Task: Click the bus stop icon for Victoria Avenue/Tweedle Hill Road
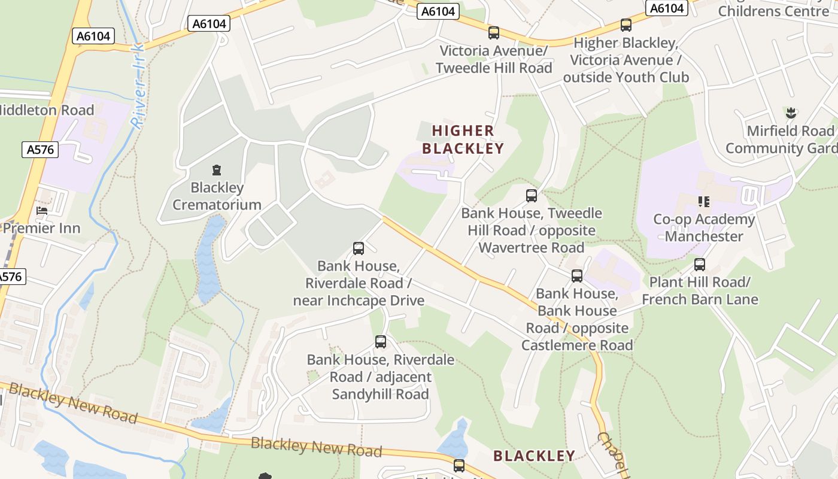pos(494,33)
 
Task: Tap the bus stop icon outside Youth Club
pos(626,25)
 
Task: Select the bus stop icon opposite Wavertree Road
pos(532,195)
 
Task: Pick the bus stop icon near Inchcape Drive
pos(359,248)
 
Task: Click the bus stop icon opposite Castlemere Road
pos(577,275)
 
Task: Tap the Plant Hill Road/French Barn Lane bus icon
pos(700,264)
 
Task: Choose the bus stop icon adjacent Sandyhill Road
pos(381,342)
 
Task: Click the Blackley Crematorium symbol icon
pos(217,170)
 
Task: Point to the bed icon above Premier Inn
pos(42,211)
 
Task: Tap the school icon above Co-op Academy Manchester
pos(703,202)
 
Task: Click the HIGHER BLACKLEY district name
pos(463,140)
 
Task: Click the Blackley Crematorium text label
pos(217,196)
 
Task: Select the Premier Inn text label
pos(41,228)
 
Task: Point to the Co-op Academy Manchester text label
pos(704,228)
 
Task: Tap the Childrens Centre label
pos(773,11)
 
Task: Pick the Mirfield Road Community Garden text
pos(781,140)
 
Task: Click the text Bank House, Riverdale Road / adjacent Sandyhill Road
pos(381,377)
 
